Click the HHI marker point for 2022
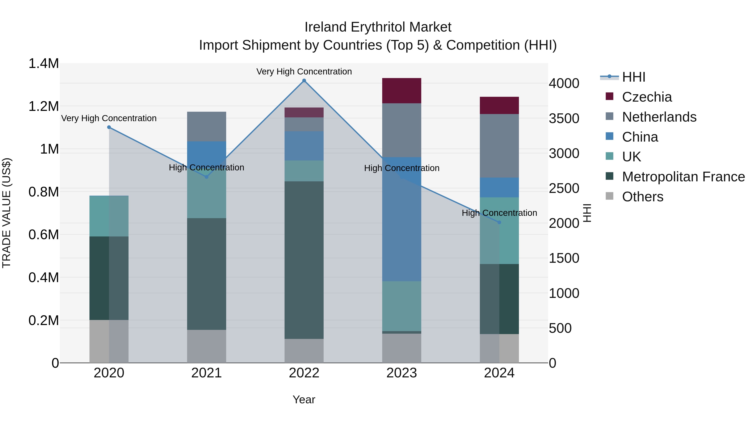304,81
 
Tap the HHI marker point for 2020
109,127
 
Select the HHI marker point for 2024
499,222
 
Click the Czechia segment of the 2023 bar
402,90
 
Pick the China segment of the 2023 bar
402,219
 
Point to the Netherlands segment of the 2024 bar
499,146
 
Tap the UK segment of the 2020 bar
109,216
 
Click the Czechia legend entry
647,97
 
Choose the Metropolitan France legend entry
683,177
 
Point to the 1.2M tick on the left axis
43,106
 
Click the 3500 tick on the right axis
564,118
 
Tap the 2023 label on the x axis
402,373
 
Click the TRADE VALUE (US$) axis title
7,213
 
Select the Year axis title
304,399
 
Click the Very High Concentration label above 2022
304,72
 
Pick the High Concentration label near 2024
499,213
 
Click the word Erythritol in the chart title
378,27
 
